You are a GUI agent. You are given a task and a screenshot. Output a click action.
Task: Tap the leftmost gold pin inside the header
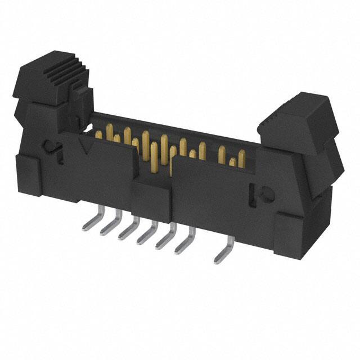pos(99,134)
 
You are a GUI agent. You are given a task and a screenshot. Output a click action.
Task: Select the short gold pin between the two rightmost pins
pos(232,163)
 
